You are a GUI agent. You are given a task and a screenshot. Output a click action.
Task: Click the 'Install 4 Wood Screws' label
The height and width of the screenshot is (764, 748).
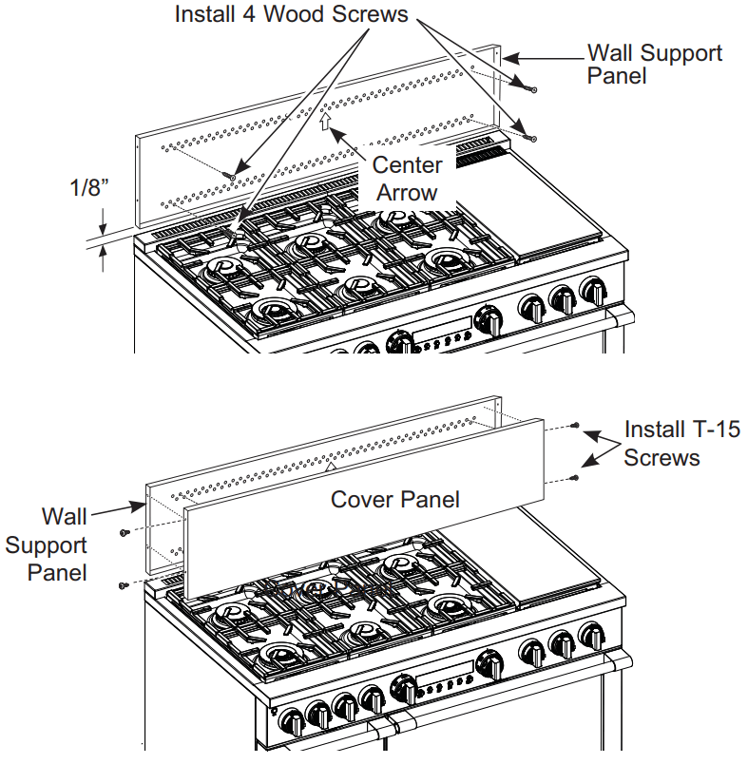click(x=291, y=14)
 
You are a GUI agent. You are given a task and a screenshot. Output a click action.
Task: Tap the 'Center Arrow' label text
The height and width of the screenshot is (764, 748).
click(x=407, y=179)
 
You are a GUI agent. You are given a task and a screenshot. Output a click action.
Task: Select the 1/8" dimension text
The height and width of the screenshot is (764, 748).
click(x=91, y=187)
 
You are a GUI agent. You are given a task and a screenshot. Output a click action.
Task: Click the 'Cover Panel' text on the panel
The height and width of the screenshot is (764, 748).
click(x=394, y=498)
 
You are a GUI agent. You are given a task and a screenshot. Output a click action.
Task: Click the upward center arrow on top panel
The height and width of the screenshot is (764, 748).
click(x=325, y=121)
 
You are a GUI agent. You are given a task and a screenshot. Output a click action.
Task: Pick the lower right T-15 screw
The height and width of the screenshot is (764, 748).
click(x=576, y=477)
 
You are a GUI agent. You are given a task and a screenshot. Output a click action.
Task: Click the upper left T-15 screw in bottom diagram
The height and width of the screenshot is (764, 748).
click(x=124, y=533)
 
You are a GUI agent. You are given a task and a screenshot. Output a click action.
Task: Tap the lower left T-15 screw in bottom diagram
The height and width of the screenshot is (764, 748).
click(x=124, y=585)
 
